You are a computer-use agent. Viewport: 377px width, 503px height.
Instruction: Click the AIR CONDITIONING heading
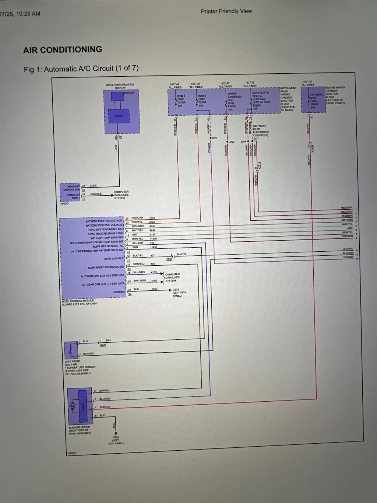63,50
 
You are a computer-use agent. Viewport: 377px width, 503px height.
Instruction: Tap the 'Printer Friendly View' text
226,11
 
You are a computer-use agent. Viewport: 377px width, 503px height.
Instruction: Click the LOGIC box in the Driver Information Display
119,116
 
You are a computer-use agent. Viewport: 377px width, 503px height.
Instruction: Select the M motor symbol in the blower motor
73,406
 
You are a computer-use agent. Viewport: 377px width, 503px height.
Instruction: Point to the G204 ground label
116,437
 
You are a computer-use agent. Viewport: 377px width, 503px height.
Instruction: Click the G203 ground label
176,290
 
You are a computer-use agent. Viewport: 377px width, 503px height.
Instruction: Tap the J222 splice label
214,138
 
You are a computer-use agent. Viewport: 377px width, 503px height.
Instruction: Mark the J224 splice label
232,142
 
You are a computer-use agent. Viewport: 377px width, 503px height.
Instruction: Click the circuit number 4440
152,218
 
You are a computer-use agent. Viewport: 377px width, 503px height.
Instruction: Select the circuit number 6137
152,234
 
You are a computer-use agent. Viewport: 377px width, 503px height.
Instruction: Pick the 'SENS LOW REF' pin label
114,259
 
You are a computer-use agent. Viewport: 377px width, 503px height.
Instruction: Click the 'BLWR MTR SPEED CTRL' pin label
108,246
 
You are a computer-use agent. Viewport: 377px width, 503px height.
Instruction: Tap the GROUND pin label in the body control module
119,292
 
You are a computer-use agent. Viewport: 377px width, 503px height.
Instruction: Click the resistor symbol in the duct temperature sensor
70,350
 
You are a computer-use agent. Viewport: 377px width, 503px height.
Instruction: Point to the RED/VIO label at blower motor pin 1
105,407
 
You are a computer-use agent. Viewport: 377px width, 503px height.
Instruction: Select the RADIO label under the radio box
64,203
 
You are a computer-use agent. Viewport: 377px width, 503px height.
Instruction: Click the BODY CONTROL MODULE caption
78,301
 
